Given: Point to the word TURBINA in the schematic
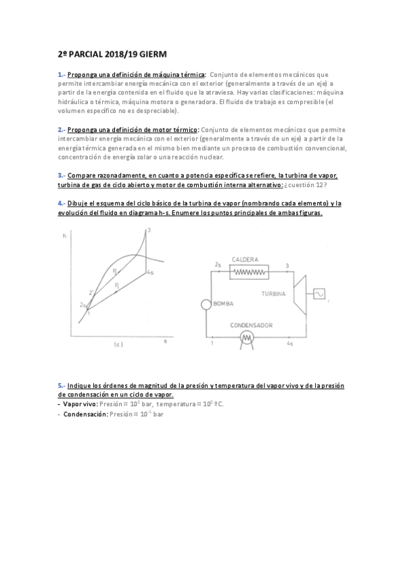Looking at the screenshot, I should tap(274, 294).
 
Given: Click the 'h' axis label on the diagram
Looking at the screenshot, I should tap(64, 235).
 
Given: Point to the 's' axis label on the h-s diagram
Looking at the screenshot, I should tap(165, 342).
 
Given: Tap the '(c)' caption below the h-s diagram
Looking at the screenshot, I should tap(118, 345).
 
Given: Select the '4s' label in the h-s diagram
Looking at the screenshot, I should tap(151, 273).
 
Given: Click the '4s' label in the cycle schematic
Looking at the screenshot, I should tap(289, 344).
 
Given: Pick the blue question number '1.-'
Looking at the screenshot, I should tap(62, 74).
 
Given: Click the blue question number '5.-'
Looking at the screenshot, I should tap(62, 385).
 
